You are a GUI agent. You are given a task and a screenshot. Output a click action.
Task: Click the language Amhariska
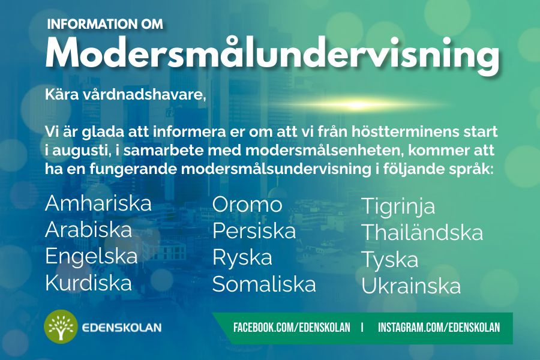[98, 203]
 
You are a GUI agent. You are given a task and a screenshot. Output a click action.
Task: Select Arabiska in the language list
[89, 229]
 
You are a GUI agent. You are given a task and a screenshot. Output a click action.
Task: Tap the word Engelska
[91, 257]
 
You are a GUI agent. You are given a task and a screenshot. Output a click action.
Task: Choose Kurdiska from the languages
[89, 283]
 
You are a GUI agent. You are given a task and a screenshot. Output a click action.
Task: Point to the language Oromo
[247, 205]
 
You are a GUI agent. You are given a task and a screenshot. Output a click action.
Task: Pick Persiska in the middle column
[254, 230]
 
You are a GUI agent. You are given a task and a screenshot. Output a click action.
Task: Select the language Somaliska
[264, 284]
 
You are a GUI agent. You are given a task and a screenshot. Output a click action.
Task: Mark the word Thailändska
[422, 232]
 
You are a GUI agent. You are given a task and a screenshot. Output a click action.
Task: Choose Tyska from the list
[390, 260]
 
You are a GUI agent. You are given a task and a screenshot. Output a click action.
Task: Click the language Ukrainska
[411, 286]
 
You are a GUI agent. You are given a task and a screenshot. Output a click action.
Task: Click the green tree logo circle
[61, 326]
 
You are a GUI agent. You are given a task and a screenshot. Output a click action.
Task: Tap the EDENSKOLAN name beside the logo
[122, 327]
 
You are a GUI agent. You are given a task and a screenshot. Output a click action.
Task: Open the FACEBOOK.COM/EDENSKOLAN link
[292, 327]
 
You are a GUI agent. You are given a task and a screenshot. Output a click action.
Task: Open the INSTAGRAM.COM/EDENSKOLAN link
[439, 327]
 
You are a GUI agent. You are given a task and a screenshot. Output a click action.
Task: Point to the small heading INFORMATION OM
[105, 24]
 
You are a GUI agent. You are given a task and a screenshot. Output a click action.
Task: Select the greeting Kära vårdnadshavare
[125, 94]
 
